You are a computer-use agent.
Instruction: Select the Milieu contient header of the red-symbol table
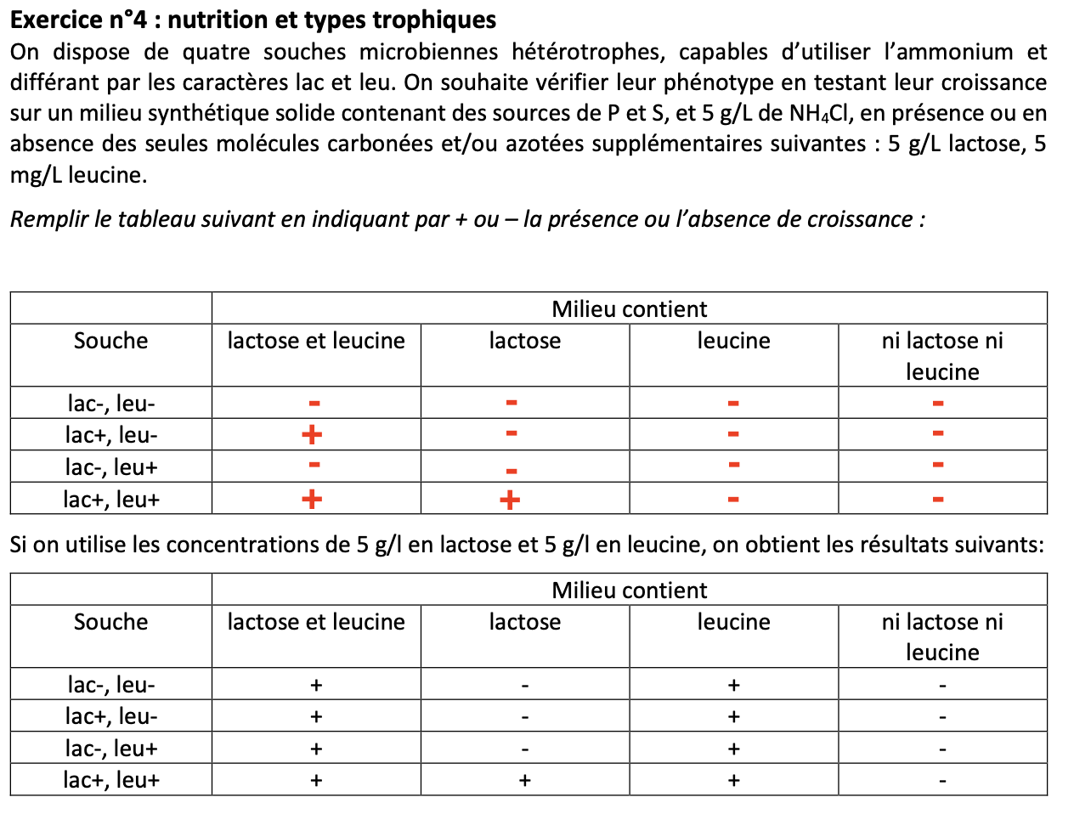pyautogui.click(x=629, y=308)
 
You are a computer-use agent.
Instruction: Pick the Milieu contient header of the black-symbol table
pyautogui.click(x=629, y=590)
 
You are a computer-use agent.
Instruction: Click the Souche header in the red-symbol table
pyautogui.click(x=110, y=341)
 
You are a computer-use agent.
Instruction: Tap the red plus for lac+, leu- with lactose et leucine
pyautogui.click(x=312, y=435)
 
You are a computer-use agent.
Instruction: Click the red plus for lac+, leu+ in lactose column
pyautogui.click(x=510, y=500)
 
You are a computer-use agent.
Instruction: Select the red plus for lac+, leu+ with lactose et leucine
pyautogui.click(x=312, y=498)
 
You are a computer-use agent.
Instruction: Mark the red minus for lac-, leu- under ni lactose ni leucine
pyautogui.click(x=938, y=404)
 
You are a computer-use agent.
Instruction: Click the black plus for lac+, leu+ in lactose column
pyautogui.click(x=524, y=780)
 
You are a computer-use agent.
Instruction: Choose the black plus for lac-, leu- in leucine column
pyautogui.click(x=733, y=685)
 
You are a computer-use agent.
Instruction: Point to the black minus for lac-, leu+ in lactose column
pyautogui.click(x=524, y=749)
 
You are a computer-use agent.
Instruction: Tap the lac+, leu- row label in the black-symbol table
pyautogui.click(x=110, y=716)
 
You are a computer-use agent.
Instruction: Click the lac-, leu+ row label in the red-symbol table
pyautogui.click(x=110, y=466)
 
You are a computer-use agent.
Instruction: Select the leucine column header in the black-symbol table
pyautogui.click(x=733, y=622)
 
